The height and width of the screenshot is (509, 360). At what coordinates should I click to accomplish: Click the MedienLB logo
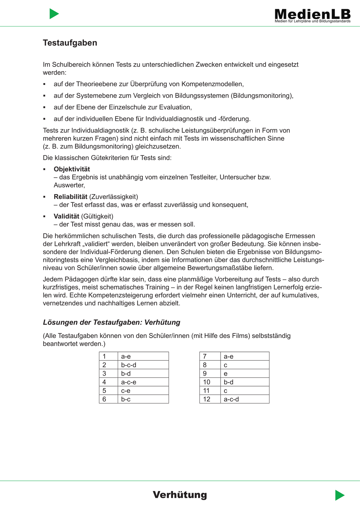312,14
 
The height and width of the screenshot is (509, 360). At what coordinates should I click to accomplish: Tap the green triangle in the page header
54,14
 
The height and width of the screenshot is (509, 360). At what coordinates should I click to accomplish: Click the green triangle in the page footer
339,495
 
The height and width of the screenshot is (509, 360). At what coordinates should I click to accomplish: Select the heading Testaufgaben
70,43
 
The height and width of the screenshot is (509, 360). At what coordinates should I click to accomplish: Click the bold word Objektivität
72,169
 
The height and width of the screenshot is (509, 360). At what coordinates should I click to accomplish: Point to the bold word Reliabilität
71,197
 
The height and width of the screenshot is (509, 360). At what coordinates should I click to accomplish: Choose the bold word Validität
67,216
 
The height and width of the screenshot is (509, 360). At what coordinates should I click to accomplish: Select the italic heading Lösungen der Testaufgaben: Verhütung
112,322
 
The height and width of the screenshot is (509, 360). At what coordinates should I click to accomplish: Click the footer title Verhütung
180,495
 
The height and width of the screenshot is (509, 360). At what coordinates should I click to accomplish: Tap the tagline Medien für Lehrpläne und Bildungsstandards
312,21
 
